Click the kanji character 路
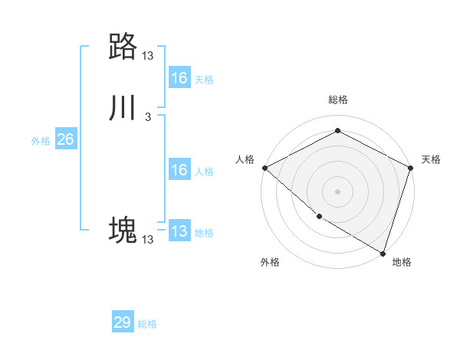coord(123,47)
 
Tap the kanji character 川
coord(123,109)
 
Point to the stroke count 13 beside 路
coord(148,56)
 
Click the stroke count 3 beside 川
coord(148,117)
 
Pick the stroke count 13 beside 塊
coord(148,240)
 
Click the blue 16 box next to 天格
coord(179,78)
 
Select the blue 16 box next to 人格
coord(179,170)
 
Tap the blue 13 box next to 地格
coord(179,231)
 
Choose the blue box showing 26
coord(66,139)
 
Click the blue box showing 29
coord(123,322)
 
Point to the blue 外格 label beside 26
coord(41,141)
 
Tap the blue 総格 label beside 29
coord(147,324)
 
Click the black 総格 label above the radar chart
coord(337,100)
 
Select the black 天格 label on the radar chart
coord(431,159)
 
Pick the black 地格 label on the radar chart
coord(402,262)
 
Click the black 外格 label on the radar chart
coord(270,262)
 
